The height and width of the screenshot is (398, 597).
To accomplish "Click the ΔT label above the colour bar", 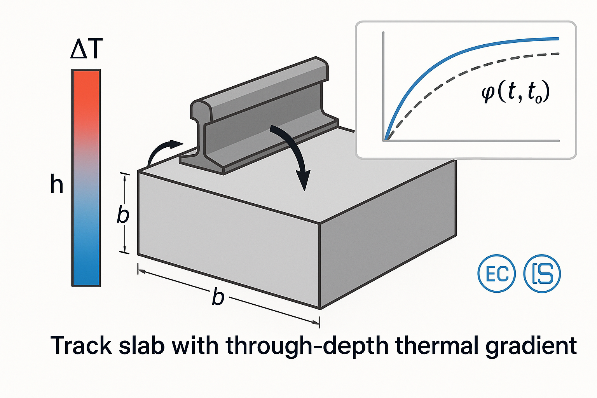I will point(86,49).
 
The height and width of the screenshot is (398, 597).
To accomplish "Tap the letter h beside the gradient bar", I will point(57,184).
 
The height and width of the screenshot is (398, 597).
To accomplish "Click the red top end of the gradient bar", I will point(86,78).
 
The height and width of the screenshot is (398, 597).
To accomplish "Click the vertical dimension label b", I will point(123,215).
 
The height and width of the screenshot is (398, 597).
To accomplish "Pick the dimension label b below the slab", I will point(218,297).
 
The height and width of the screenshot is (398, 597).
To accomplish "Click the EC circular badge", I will point(496,273).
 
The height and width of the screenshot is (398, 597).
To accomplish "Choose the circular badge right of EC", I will point(543,273).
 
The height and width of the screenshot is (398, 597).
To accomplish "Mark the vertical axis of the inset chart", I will point(384,86).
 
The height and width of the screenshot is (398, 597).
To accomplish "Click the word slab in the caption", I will point(141,345).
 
